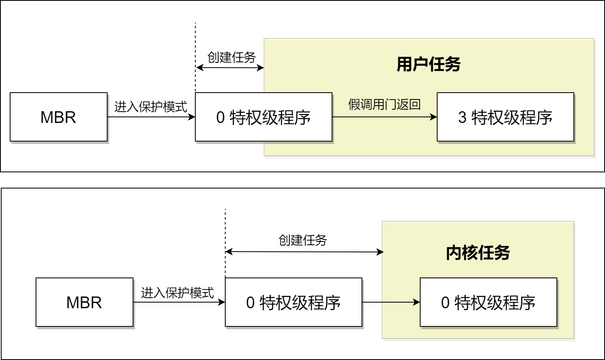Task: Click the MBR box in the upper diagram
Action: (59, 117)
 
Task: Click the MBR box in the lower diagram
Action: (85, 302)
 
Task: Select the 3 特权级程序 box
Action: (505, 117)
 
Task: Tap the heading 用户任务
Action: (428, 64)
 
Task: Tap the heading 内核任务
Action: (478, 253)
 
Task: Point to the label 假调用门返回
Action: (384, 105)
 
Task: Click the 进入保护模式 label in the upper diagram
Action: (150, 107)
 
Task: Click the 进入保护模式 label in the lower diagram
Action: (177, 292)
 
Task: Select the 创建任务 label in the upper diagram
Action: (231, 57)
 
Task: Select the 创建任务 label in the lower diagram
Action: (302, 240)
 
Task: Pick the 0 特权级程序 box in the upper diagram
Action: (263, 117)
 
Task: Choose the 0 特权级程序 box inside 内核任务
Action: (488, 302)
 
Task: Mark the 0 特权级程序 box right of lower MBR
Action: (293, 302)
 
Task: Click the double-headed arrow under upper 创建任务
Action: (230, 68)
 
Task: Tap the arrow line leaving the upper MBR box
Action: (150, 117)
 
